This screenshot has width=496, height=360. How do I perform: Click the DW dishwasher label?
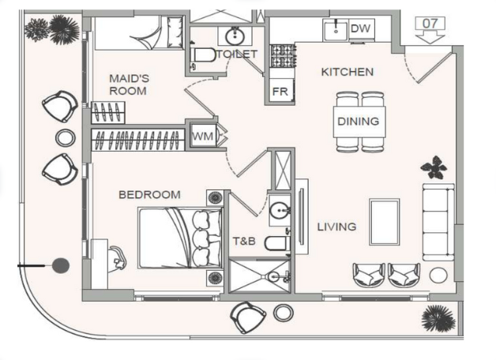360,29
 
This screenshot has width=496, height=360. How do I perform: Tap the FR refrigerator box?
280,91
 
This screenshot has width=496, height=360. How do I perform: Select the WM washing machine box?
202,137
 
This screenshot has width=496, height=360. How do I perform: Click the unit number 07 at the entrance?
430,23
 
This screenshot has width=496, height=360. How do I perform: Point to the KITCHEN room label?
347,72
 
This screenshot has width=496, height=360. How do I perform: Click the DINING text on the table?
358,122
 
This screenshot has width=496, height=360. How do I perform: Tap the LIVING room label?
336,227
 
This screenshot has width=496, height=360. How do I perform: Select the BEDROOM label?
149,194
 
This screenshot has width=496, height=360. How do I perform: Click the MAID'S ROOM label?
129,84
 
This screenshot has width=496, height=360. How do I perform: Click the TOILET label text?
237,54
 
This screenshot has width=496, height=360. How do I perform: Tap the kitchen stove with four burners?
282,55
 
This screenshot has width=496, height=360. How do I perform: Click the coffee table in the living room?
385,222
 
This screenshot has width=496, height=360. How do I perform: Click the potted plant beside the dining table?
433,167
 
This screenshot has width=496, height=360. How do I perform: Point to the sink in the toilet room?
234,36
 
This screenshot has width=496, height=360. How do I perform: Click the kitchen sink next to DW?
336,29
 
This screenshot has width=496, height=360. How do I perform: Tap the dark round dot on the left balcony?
61,266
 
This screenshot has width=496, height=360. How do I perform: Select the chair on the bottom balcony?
248,316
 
